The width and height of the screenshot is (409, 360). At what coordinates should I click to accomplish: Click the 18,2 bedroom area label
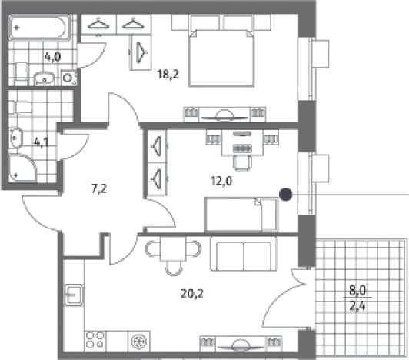coord(168,75)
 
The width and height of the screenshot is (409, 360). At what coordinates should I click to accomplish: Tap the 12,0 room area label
coord(221,181)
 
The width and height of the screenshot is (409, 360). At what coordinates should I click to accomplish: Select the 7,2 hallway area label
coord(99,188)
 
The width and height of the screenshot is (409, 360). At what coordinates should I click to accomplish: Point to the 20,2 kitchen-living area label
coord(192,294)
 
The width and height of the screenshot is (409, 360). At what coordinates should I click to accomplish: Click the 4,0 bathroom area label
coord(53,56)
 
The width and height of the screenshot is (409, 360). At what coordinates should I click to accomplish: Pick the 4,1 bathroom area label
coord(42,142)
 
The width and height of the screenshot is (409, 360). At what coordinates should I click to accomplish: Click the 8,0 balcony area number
coord(357,290)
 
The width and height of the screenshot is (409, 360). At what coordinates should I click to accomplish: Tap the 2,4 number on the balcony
coord(357,305)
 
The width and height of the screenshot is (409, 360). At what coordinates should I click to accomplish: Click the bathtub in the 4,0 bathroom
coord(39,28)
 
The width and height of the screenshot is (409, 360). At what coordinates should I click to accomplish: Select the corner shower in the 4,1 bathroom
coord(22,168)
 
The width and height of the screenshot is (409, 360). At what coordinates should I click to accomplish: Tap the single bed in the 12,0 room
coord(242,215)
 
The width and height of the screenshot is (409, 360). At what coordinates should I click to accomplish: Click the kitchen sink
coord(74,295)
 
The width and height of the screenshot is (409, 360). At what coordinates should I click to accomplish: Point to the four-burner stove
coord(95,340)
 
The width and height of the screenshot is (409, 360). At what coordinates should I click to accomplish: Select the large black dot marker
coord(286,195)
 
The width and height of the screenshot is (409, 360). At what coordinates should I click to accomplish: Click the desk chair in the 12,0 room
coord(243,163)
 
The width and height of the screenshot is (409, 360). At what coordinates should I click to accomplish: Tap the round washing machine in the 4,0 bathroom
coord(68,78)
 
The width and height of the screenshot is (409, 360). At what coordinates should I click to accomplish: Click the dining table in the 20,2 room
coord(173,248)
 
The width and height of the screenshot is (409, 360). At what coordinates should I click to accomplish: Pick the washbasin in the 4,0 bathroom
coord(45,78)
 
